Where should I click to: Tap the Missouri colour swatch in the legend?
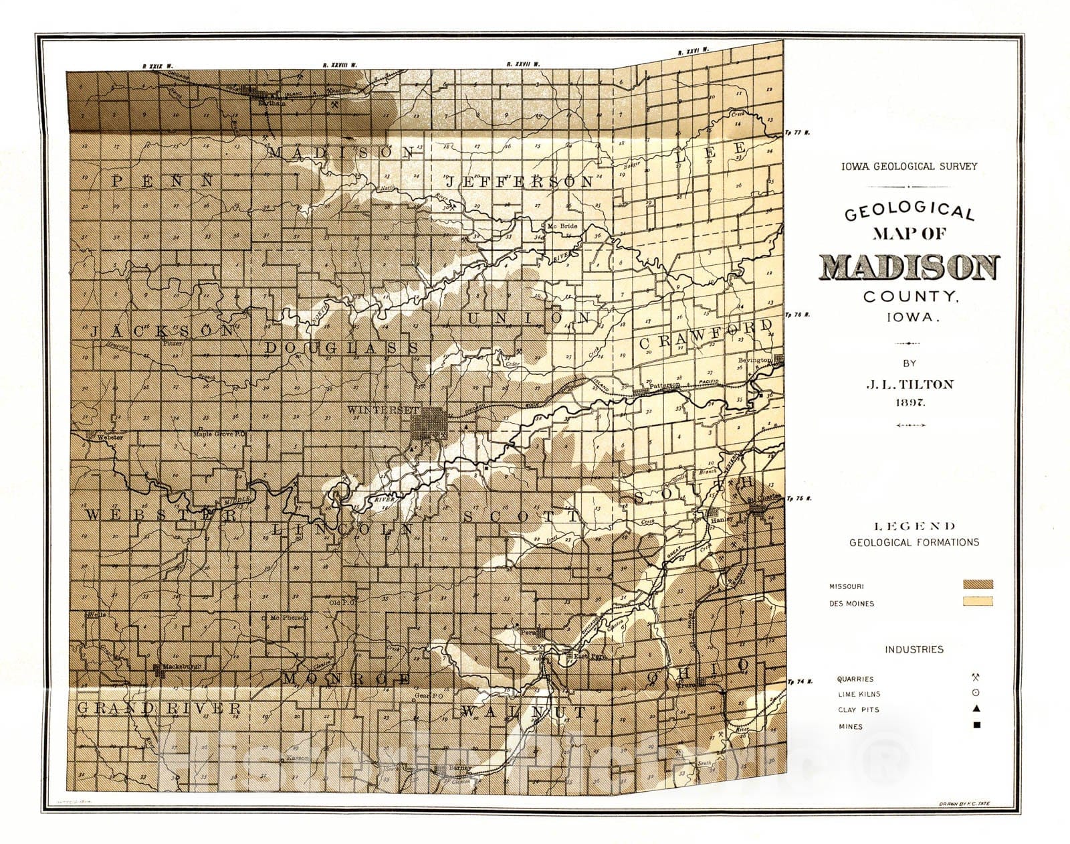point(978,584)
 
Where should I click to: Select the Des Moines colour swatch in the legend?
point(978,602)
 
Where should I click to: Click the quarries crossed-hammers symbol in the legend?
point(976,677)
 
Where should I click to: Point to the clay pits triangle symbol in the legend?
point(976,709)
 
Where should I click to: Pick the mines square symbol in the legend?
point(976,726)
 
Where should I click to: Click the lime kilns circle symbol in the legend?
point(976,693)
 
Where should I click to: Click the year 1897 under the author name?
point(909,402)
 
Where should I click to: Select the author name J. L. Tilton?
point(909,384)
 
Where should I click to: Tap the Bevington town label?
point(754,360)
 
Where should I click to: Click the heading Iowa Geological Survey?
point(909,166)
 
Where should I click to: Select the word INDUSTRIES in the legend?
point(914,649)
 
